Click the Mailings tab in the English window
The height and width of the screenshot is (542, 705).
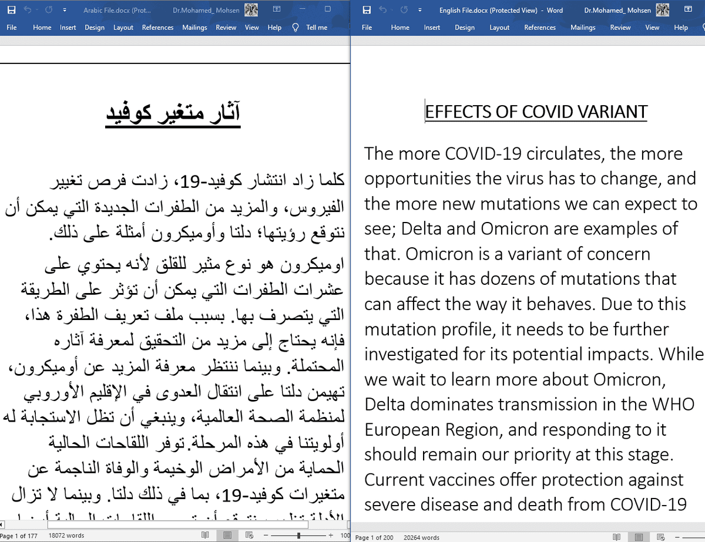coord(582,27)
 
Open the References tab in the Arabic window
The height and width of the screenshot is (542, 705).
coord(157,27)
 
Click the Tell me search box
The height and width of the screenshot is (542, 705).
coord(316,27)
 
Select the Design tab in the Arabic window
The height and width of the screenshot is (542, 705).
coord(94,27)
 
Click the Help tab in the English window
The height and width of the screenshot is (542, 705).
coord(681,27)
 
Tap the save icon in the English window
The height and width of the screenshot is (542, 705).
coord(367,10)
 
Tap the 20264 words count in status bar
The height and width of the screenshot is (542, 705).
coord(421,537)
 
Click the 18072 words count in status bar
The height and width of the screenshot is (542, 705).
coord(66,536)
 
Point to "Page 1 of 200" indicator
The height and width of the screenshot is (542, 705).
coord(374,537)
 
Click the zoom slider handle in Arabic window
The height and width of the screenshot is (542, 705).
coord(299,536)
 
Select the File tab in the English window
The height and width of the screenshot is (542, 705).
coord(367,27)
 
